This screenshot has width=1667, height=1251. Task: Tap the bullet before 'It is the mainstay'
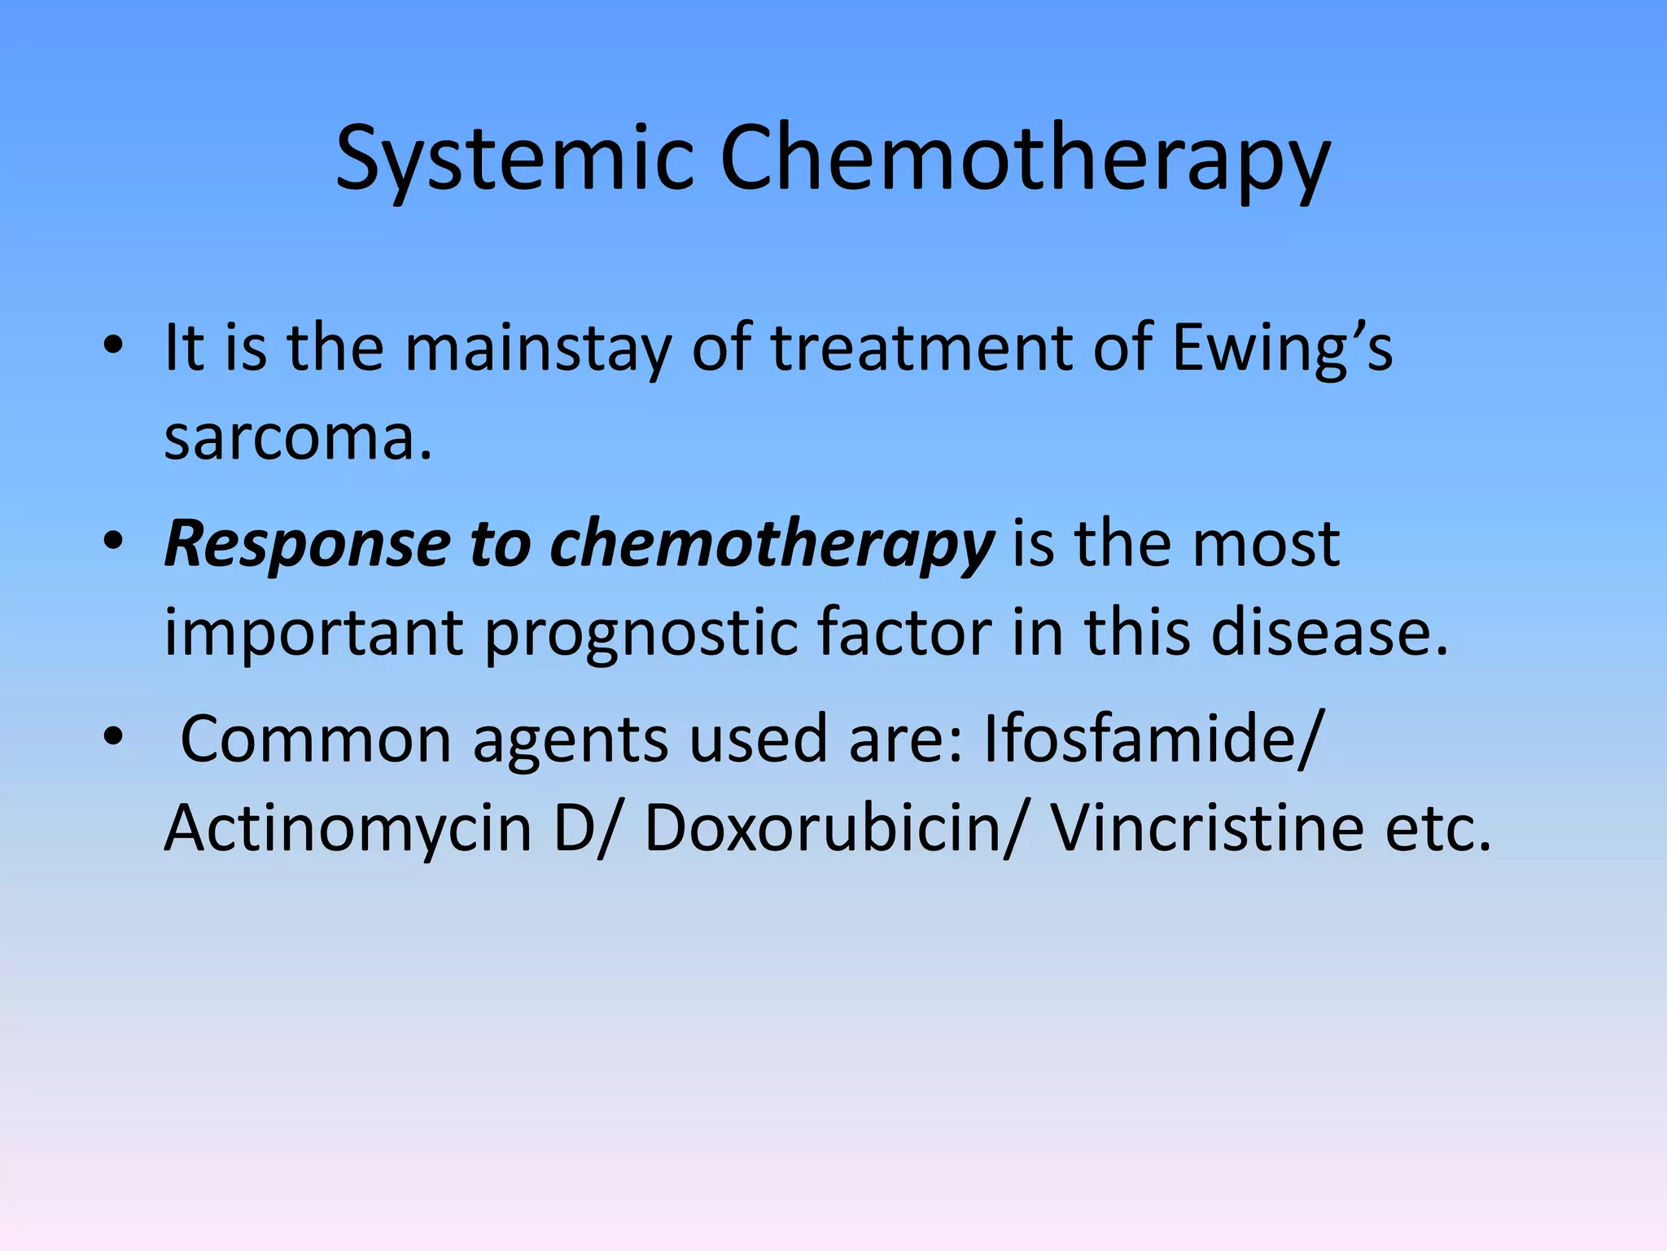pyautogui.click(x=113, y=348)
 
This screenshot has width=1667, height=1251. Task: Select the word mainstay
pyautogui.click(x=538, y=349)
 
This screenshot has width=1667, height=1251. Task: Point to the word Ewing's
pyautogui.click(x=1282, y=349)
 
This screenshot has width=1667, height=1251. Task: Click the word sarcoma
pyautogui.click(x=298, y=437)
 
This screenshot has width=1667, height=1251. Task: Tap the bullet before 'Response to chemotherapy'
pyautogui.click(x=113, y=543)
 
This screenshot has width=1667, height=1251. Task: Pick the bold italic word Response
pyautogui.click(x=307, y=544)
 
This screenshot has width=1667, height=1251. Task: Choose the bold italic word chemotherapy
pyautogui.click(x=772, y=544)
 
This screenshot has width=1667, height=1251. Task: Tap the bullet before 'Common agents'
pyautogui.click(x=113, y=738)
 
